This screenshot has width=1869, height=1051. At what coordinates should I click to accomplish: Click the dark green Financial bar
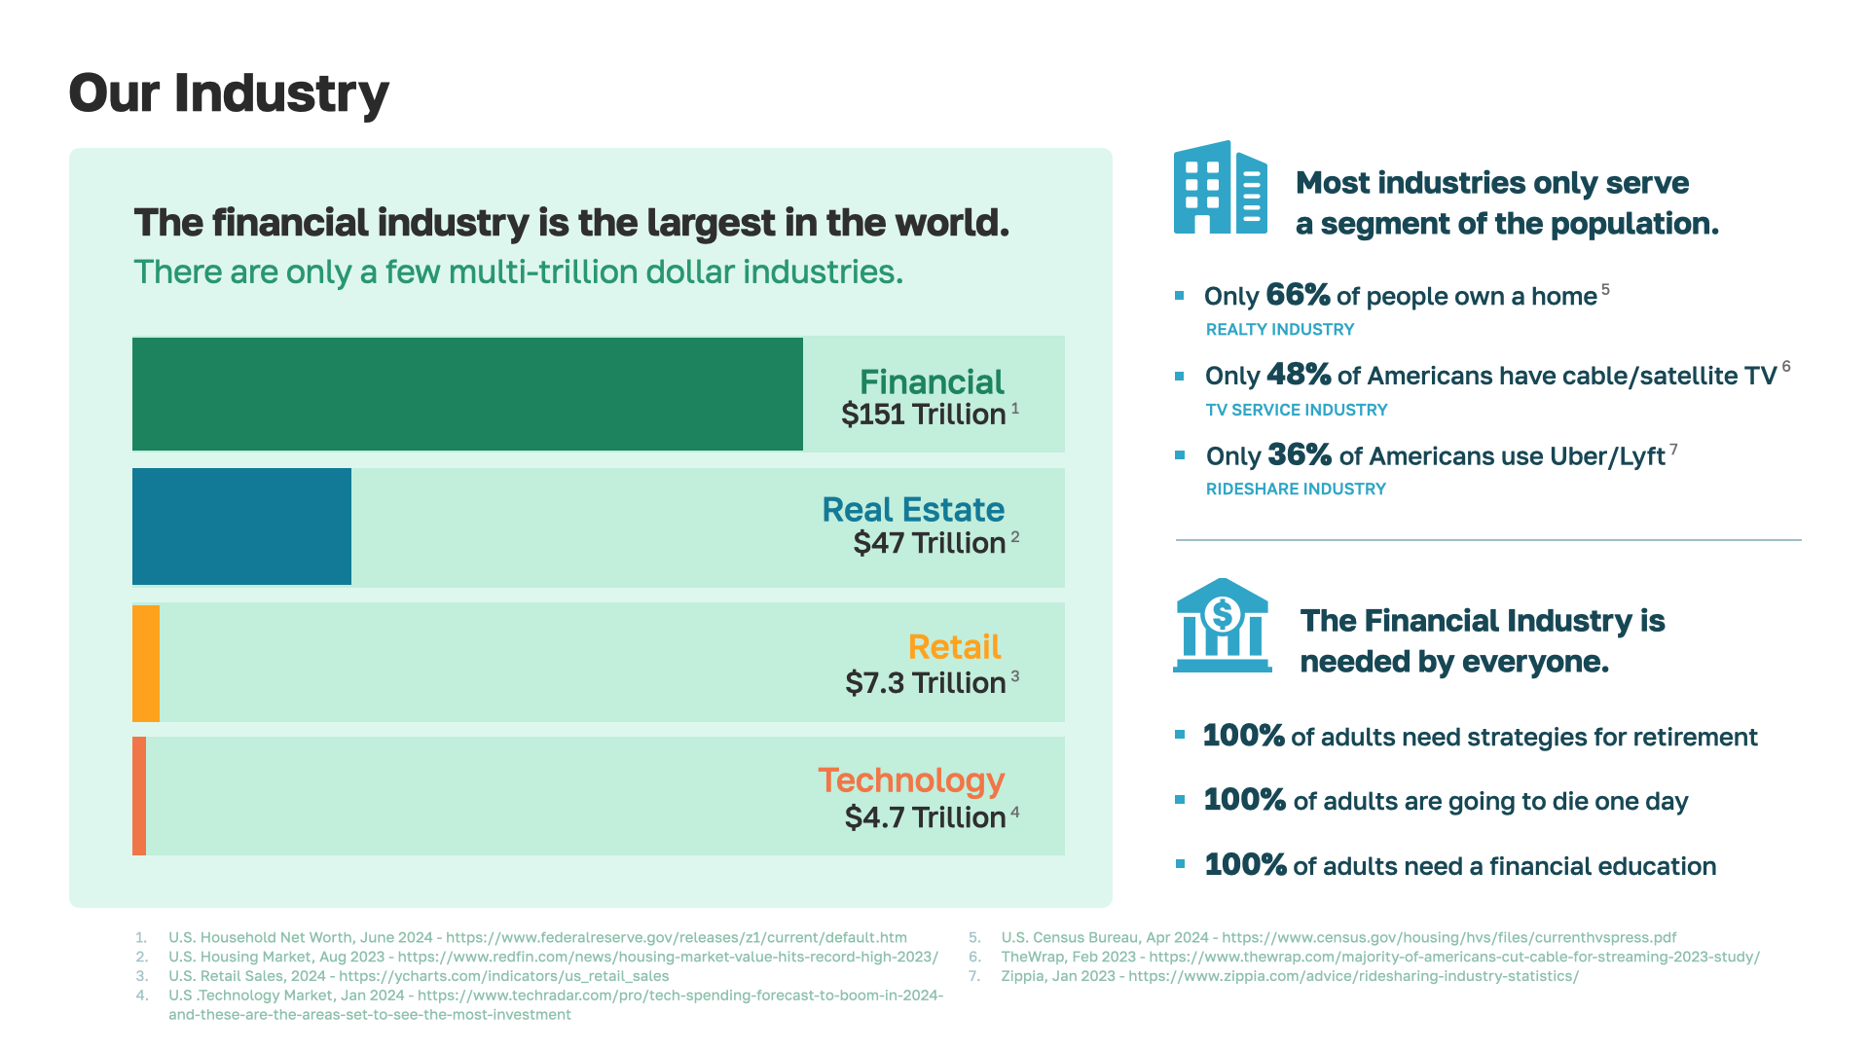pyautogui.click(x=467, y=394)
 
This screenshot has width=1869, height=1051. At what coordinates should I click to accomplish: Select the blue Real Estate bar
pyautogui.click(x=241, y=526)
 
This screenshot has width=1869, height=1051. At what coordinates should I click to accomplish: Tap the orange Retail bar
pyautogui.click(x=146, y=663)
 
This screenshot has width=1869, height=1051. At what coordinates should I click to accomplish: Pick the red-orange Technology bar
pyautogui.click(x=139, y=796)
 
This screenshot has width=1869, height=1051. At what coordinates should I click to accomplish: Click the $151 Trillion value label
pyautogui.click(x=924, y=415)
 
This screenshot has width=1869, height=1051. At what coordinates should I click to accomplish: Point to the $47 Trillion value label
pyautogui.click(x=930, y=543)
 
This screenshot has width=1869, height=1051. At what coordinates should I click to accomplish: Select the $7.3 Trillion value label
pyautogui.click(x=926, y=683)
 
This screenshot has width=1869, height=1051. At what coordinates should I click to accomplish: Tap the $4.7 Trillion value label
pyautogui.click(x=926, y=817)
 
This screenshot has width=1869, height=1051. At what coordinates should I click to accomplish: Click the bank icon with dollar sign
pyautogui.click(x=1222, y=626)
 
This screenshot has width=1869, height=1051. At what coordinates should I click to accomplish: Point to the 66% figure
pyautogui.click(x=1298, y=295)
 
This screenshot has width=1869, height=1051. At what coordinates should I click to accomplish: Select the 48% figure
pyautogui.click(x=1299, y=375)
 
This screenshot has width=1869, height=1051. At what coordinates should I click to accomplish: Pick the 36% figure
pyautogui.click(x=1300, y=455)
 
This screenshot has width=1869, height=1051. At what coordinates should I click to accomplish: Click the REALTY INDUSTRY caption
pyautogui.click(x=1280, y=330)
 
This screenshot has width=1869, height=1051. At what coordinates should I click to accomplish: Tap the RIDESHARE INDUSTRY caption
pyautogui.click(x=1296, y=489)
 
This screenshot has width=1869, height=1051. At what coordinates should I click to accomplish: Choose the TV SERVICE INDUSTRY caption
pyautogui.click(x=1297, y=411)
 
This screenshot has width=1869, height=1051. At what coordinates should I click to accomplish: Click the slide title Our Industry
pyautogui.click(x=229, y=93)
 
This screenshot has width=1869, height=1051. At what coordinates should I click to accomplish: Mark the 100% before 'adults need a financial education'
pyautogui.click(x=1245, y=865)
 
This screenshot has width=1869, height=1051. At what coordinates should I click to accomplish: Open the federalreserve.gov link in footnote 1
pyautogui.click(x=677, y=938)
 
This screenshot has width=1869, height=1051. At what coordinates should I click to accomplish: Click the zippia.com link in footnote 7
pyautogui.click(x=1353, y=976)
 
